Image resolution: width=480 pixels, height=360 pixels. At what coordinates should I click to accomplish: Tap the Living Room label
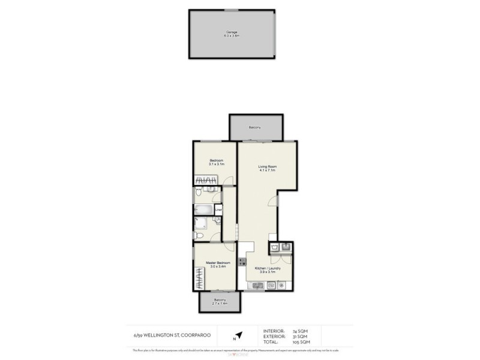pyautogui.click(x=266, y=168)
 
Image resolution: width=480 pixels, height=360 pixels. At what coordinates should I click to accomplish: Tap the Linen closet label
pyautogui.click(x=218, y=210)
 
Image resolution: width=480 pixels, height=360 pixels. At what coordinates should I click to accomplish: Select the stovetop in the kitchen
pyautogui.click(x=242, y=262)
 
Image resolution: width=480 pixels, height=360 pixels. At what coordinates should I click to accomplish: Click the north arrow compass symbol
pyautogui.click(x=239, y=335)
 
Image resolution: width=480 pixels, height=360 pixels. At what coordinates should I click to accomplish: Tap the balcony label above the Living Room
pyautogui.click(x=255, y=128)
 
